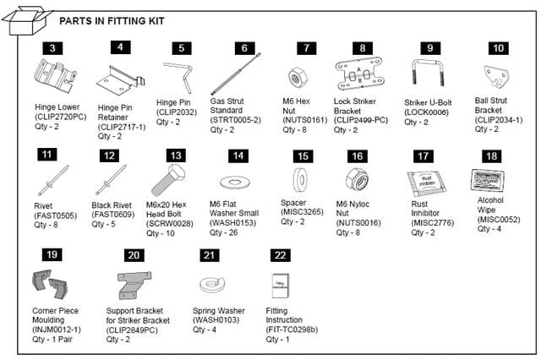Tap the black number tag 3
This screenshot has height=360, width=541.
pyautogui.click(x=52, y=49)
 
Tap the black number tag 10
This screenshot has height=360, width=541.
pyautogui.click(x=499, y=49)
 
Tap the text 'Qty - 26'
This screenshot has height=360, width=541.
pyautogui.click(x=227, y=232)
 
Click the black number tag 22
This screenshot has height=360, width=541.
pyautogui.click(x=281, y=254)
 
